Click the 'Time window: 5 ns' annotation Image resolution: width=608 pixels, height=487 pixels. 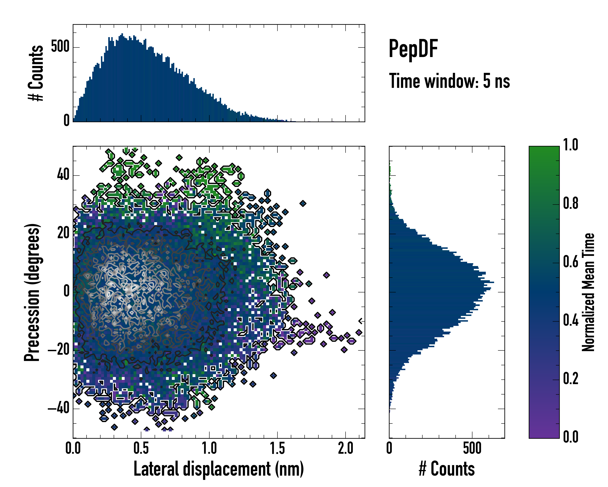coord(449,81)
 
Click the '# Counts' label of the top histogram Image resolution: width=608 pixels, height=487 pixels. coord(36,73)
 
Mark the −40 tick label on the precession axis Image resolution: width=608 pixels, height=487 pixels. coord(59,408)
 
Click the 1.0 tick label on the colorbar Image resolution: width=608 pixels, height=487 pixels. coord(571,145)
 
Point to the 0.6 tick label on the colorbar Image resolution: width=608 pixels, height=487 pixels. coord(571,262)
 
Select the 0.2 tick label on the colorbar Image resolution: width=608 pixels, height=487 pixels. coord(571,379)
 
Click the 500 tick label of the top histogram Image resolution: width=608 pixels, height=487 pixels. coord(60,47)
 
